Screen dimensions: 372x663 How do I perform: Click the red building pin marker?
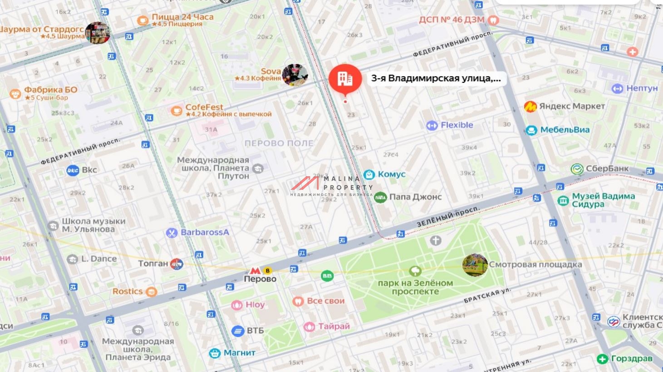345,79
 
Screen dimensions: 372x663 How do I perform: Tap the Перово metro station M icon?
255,271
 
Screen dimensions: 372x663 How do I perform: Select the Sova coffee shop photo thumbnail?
295,74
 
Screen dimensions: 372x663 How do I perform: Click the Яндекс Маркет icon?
530,106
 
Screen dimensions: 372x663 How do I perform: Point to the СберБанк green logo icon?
577,169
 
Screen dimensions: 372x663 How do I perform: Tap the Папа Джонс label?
415,197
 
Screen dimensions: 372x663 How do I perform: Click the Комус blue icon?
369,174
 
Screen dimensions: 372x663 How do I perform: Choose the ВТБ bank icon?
238,331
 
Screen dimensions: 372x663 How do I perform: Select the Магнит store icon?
215,353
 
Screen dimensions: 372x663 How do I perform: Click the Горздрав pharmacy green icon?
602,359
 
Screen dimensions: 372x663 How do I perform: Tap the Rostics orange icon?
151,292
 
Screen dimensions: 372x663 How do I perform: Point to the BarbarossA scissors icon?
171,233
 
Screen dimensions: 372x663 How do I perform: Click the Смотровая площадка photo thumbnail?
475,265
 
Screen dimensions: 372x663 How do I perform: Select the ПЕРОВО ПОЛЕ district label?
279,143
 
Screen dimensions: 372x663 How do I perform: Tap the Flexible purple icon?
432,126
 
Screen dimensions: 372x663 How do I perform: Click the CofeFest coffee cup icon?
177,111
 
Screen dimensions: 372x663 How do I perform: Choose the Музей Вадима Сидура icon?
563,200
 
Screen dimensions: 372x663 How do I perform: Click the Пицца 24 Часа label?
182,17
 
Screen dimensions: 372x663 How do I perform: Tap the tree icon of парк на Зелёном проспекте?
415,271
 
